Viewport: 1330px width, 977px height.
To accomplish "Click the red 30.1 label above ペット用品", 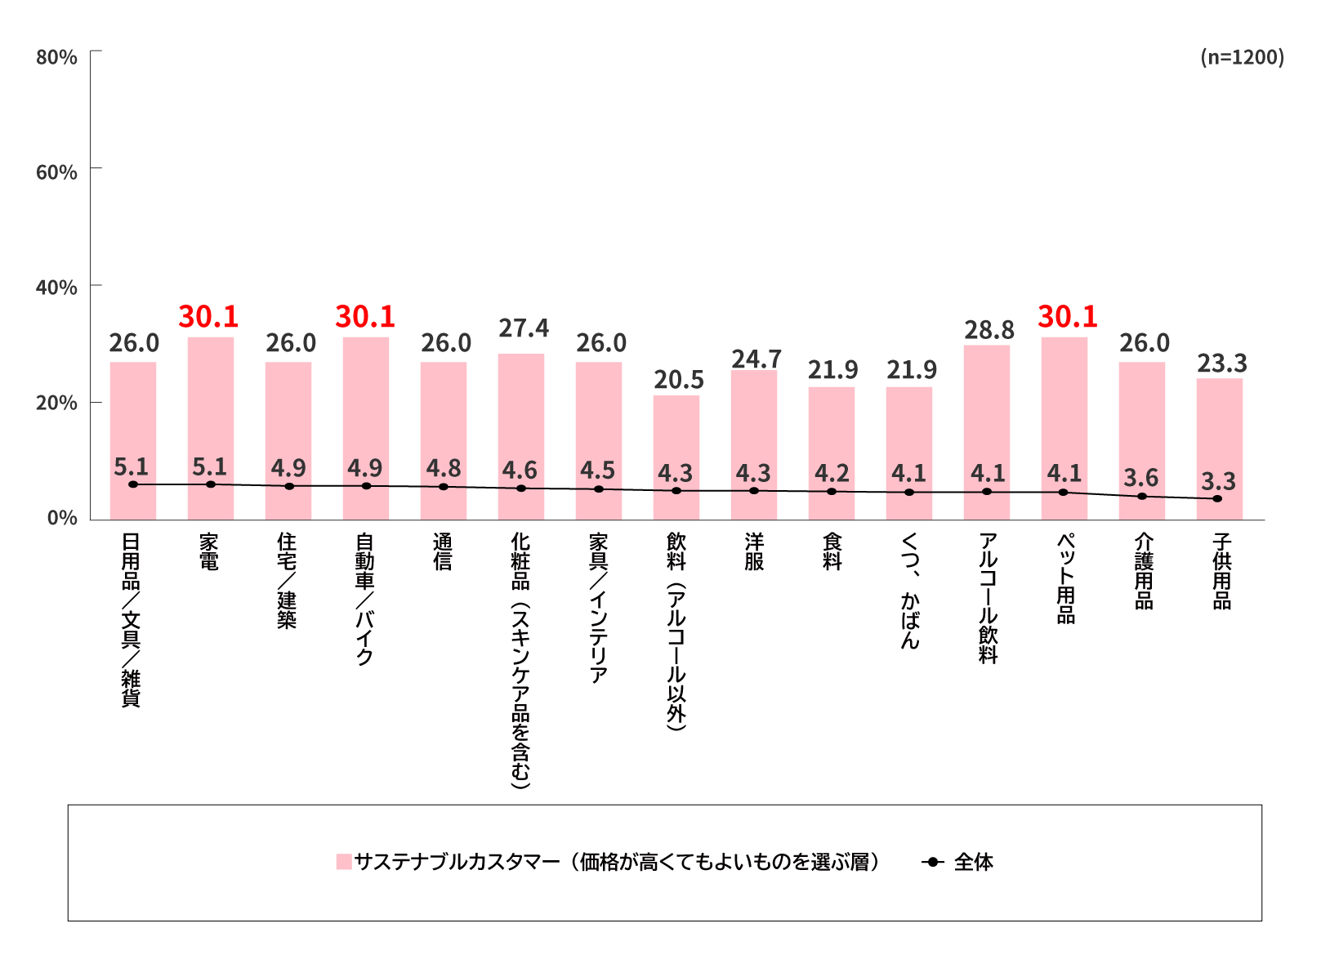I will coord(1067,317).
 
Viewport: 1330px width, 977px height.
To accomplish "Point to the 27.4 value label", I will coord(524,328).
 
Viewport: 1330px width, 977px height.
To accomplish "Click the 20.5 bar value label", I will coord(678,380).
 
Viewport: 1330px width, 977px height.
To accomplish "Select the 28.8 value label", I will coord(989,330).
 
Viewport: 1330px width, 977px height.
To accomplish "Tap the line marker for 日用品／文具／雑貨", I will coord(133,484).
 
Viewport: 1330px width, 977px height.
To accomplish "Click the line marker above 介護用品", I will coord(1142,497).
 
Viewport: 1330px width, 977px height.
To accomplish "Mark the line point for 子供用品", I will coord(1218,498).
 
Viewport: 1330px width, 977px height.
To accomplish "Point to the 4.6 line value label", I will coord(520,471).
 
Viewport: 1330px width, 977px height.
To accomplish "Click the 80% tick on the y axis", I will coord(56,57).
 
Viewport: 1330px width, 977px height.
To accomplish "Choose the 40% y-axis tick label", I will coord(56,288).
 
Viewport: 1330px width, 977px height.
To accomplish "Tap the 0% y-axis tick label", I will coord(61,519).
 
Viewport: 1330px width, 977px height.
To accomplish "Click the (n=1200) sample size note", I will coord(1242,57).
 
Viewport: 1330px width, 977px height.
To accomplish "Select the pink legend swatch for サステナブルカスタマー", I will coord(344,862).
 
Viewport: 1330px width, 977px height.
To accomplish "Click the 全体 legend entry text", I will coord(973,862).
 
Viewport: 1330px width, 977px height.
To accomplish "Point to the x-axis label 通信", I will coord(443,551).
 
